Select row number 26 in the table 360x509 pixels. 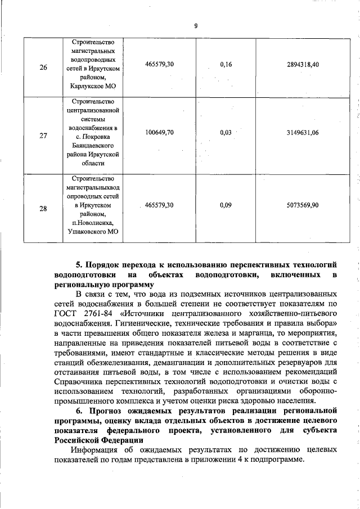coord(43,66)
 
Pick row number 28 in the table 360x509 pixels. coord(43,209)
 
